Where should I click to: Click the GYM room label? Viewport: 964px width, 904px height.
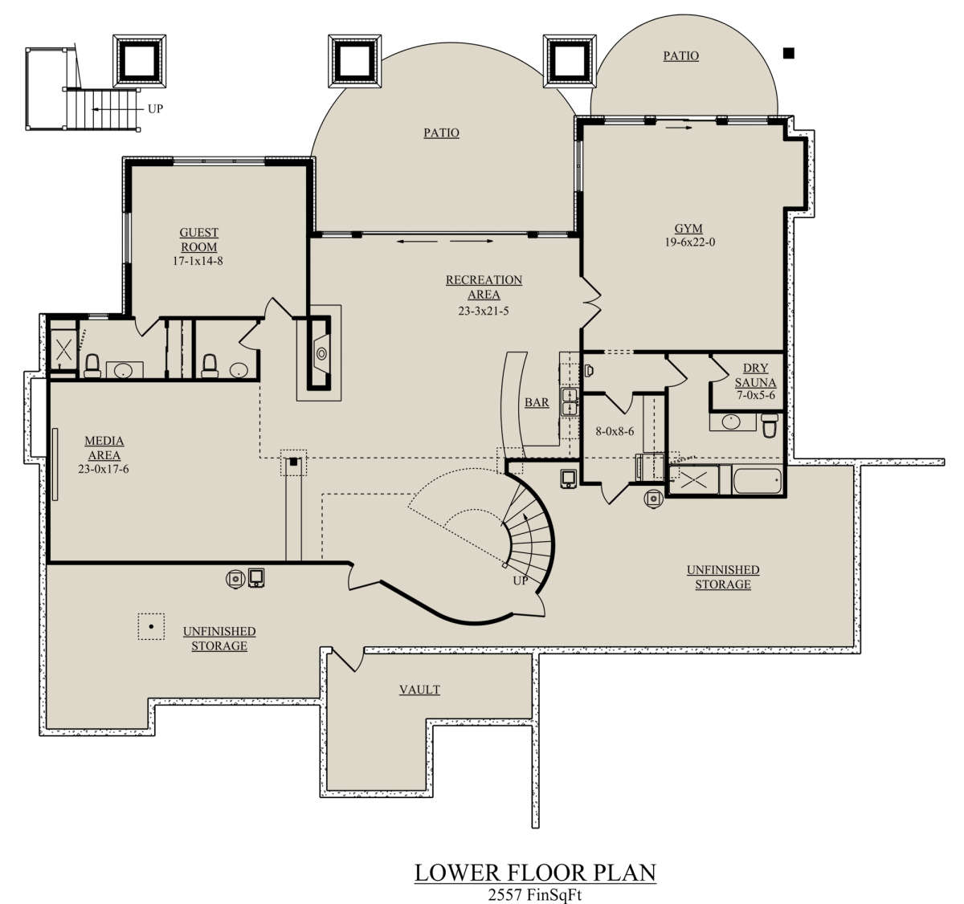point(688,228)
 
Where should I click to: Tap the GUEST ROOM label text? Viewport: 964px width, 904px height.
point(198,240)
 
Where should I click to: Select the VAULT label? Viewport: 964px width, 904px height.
point(419,690)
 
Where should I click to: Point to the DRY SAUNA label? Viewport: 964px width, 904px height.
point(755,375)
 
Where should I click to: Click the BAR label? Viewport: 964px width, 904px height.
point(537,402)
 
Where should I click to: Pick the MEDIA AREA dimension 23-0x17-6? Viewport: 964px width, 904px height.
point(104,469)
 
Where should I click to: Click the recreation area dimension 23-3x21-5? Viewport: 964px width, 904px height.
point(484,311)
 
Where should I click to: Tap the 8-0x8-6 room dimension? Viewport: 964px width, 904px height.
point(615,431)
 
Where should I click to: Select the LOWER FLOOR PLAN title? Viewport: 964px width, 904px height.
point(535,873)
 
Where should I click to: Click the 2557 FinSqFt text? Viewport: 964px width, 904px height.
point(534,894)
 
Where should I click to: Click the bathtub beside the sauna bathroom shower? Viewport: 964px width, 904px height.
point(756,480)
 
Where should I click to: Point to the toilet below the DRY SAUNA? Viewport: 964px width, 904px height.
point(770,425)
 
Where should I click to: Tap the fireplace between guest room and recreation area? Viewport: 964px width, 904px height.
point(319,353)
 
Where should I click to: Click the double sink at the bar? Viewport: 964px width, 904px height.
point(569,401)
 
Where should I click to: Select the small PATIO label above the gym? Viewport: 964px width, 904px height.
point(681,56)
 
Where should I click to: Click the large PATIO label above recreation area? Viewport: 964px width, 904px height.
point(441,132)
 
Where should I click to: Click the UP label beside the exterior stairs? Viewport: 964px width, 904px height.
point(155,108)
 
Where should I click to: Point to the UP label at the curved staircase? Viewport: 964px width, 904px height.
point(521,580)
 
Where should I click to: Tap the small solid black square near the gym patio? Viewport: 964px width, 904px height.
point(789,53)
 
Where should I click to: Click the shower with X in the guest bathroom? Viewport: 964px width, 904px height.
point(64,350)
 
